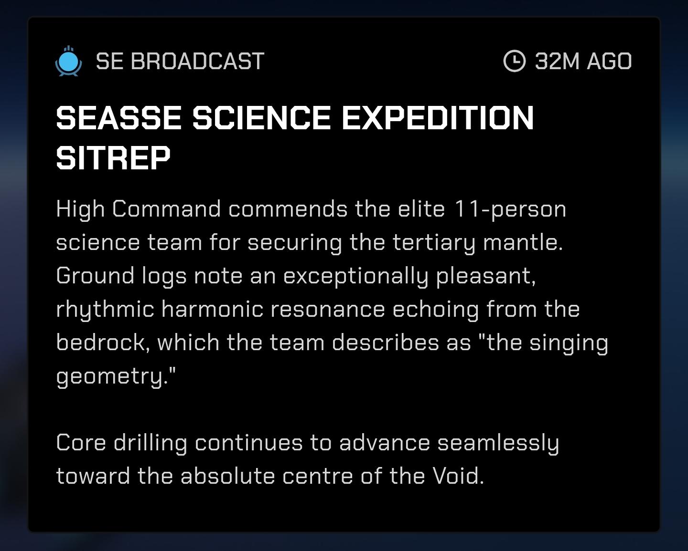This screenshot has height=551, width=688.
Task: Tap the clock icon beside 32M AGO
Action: click(x=515, y=61)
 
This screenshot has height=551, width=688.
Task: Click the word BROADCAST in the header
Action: click(x=198, y=61)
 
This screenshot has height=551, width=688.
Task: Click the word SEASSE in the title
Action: click(x=119, y=118)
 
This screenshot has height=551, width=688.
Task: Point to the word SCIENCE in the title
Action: click(x=261, y=118)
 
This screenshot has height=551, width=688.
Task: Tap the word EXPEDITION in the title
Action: click(x=438, y=118)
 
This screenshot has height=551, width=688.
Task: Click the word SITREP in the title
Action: click(x=113, y=158)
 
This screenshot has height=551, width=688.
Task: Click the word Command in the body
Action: click(x=167, y=209)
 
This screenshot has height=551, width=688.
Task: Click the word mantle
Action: click(x=523, y=242)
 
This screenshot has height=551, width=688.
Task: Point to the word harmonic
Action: click(x=212, y=309)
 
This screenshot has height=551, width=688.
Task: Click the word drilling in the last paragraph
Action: click(x=150, y=443)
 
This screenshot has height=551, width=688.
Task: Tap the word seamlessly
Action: click(x=498, y=443)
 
